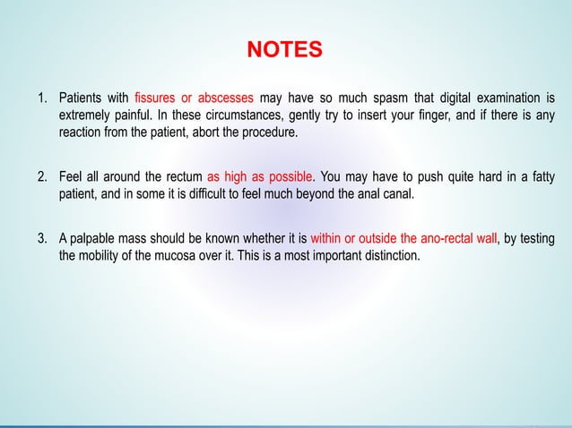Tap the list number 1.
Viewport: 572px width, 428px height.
(41, 98)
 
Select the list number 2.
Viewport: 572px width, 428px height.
(41, 175)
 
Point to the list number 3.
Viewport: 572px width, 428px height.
(41, 239)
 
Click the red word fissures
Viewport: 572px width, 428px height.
(156, 98)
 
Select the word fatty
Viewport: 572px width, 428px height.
(540, 175)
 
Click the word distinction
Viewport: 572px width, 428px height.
(388, 256)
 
